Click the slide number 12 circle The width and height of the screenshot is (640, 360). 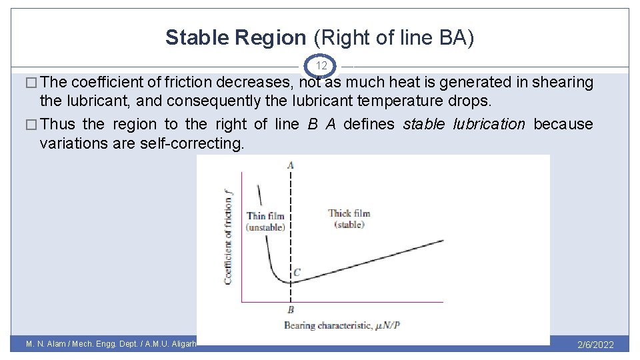click(321, 66)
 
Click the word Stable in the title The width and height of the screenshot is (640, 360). click(197, 38)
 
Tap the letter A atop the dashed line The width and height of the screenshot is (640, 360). click(290, 165)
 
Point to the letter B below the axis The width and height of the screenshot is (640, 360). click(291, 309)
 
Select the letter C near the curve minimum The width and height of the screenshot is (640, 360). click(297, 272)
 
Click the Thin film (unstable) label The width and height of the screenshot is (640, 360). click(265, 221)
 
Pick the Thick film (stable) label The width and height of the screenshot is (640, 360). click(349, 219)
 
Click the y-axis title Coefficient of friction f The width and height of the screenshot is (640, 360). click(229, 236)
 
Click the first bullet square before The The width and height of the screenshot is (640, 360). click(31, 83)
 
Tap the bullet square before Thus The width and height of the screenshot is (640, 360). click(31, 125)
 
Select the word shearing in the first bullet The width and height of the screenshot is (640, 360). click(564, 82)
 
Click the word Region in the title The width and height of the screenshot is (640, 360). click(270, 38)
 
